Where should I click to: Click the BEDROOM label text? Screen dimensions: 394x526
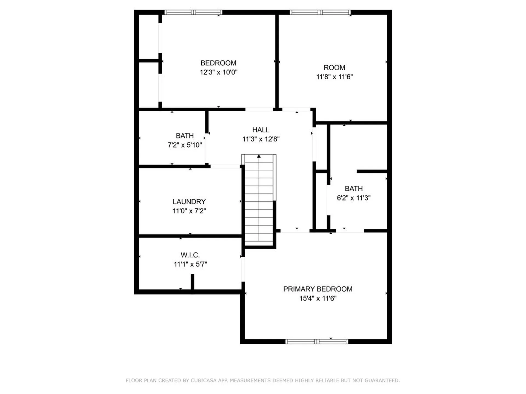pos(218,63)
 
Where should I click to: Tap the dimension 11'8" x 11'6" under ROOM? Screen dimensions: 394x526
pos(334,77)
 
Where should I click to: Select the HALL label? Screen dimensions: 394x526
pos(261,130)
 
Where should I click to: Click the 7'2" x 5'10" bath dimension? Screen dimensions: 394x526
pos(185,145)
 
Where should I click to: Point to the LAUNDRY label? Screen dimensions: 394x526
pos(189,202)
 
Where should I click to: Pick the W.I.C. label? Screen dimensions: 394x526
pos(190,255)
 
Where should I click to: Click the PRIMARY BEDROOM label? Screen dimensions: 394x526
pos(318,289)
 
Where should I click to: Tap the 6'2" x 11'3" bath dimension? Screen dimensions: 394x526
pos(353,198)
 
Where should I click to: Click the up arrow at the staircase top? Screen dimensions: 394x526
pos(259,156)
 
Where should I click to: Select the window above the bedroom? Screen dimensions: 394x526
pos(193,12)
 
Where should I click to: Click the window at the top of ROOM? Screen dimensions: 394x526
pos(320,12)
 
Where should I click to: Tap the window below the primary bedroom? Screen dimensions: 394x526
pos(317,341)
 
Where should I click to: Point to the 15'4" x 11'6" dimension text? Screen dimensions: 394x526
pos(318,298)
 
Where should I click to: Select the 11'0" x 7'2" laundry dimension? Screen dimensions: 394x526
pos(189,211)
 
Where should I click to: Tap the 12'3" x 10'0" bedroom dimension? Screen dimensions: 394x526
pos(218,72)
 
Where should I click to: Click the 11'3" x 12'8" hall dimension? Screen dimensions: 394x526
pos(261,139)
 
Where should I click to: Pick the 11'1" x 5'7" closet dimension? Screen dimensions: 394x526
pos(190,264)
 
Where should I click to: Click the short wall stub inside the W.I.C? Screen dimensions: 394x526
pos(192,282)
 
